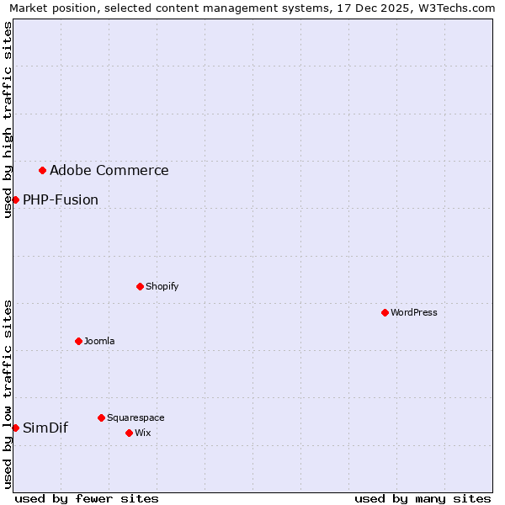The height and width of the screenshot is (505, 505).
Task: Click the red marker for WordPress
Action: coord(385,312)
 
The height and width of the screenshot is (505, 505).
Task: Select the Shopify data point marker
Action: coord(140,286)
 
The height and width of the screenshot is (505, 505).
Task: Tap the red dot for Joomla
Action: coord(78,341)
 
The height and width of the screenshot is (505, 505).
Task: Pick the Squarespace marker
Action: coord(101,417)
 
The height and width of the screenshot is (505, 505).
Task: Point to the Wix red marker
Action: coord(129,433)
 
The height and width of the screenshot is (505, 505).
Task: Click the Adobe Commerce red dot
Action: coord(42,170)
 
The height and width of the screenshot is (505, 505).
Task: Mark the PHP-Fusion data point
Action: coord(15,199)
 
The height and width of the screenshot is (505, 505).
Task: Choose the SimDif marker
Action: coord(15,428)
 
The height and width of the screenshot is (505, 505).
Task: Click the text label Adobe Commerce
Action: coord(109,171)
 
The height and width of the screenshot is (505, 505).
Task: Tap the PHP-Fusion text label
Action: coord(61,200)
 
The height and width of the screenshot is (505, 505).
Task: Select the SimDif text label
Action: coord(45,428)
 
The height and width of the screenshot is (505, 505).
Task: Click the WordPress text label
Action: coord(414,312)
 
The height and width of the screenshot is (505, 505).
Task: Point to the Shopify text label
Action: coord(162,286)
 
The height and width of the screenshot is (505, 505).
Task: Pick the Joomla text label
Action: coord(99,341)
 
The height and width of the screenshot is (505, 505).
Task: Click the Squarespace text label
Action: coord(136,417)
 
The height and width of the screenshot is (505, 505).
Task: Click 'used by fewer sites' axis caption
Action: coord(87,498)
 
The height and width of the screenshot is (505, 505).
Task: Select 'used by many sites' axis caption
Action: coord(423,498)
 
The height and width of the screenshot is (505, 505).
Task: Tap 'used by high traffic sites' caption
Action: coord(8,120)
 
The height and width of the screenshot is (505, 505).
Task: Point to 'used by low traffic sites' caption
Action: coord(8,394)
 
